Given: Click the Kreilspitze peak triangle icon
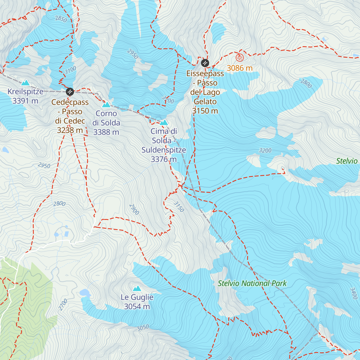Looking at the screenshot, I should tap(25, 82).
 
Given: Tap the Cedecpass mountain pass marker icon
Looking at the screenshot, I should tap(70, 91).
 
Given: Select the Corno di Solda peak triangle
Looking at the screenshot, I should tap(106, 104).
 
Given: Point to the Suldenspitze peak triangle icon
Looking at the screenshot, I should tap(163, 122).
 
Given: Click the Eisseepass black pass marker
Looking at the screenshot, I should tap(205, 63).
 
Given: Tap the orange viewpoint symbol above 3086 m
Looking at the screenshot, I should tap(239, 57).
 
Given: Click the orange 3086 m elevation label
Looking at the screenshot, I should tap(239, 68).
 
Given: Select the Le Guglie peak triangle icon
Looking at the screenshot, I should tap(137, 288).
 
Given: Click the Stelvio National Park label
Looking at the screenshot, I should tap(252, 283).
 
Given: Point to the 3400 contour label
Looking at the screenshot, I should tap(354, 293).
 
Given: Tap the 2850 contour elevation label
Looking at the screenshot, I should tap(61, 19).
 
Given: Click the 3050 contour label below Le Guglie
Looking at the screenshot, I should tap(143, 328).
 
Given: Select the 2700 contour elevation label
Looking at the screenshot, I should tap(63, 305).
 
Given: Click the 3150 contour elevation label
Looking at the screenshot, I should tap(178, 207).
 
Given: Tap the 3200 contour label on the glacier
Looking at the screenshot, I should tap(265, 151).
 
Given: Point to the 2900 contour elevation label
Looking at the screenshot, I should tap(134, 209).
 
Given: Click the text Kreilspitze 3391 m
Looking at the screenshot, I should tap(25, 96).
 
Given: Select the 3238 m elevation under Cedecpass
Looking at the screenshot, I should tap(70, 130).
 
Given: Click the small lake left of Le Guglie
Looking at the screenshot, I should tap(85, 292).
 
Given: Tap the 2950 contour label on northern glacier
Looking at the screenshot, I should tap(133, 54).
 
